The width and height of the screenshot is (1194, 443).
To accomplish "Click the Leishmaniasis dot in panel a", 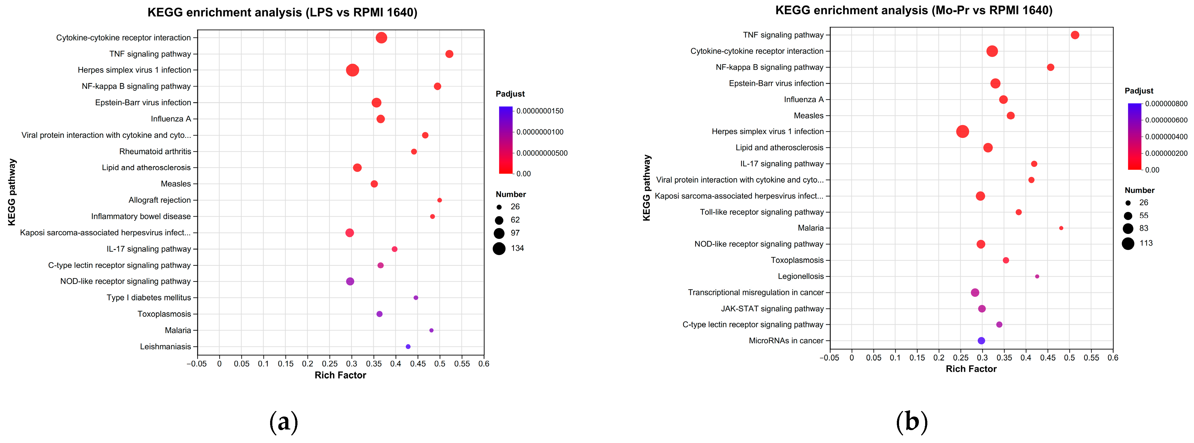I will coord(408,347).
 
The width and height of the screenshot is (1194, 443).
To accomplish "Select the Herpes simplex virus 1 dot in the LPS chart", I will coord(352,70).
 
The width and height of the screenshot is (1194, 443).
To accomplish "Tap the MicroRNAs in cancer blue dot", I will coord(981,340).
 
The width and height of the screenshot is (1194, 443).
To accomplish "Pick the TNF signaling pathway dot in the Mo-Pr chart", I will coord(1075,35).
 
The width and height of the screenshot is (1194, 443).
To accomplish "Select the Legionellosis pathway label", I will coord(801,276).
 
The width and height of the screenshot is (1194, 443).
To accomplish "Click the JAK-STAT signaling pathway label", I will coord(772,309).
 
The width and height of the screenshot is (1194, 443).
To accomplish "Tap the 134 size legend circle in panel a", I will coord(499,249).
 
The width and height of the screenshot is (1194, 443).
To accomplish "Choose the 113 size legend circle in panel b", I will coord(1128,243).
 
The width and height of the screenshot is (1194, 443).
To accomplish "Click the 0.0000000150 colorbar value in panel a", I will coord(540,111).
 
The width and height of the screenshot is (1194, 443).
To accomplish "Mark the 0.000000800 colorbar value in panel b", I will coord(1166,104).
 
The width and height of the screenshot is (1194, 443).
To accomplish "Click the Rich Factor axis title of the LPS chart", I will coord(340,375).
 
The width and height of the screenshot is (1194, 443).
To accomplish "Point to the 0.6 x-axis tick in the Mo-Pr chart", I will coord(1113,358).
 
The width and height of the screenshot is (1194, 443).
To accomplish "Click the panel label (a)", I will coord(283,422).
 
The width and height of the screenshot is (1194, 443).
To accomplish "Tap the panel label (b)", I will coord(912,422).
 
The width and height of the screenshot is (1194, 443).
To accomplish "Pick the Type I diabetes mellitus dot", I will coord(416,298).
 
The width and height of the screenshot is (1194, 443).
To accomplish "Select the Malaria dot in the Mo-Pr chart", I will coord(1061,228).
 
